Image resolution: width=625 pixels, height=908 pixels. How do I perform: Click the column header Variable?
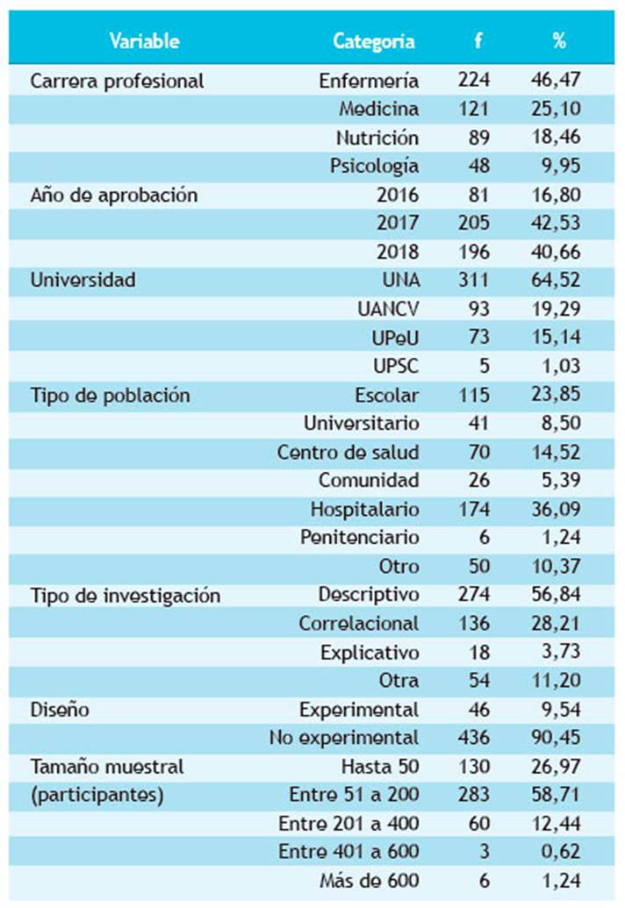pyautogui.click(x=145, y=40)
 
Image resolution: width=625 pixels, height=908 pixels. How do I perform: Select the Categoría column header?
pyautogui.click(x=374, y=40)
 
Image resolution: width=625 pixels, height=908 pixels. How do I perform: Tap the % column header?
pyautogui.click(x=559, y=40)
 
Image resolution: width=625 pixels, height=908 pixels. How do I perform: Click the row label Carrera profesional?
pyautogui.click(x=117, y=81)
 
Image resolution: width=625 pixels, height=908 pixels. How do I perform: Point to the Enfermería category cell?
pyautogui.click(x=369, y=81)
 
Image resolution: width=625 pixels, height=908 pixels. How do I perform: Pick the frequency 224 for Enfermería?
pyautogui.click(x=473, y=81)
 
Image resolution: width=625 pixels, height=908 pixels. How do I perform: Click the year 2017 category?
pyautogui.click(x=398, y=224)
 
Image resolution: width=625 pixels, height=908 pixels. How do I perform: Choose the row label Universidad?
pyautogui.click(x=83, y=281)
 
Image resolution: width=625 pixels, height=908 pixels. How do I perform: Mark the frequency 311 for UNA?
pyautogui.click(x=473, y=281)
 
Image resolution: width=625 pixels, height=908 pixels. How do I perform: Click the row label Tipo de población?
pyautogui.click(x=110, y=395)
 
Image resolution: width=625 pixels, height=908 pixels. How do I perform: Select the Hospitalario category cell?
pyautogui.click(x=364, y=509)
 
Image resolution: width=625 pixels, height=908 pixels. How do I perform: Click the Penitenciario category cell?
pyautogui.click(x=359, y=537)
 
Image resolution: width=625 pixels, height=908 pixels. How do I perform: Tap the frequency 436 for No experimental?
pyautogui.click(x=473, y=737)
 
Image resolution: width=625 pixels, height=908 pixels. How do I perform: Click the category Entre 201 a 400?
pyautogui.click(x=348, y=823)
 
